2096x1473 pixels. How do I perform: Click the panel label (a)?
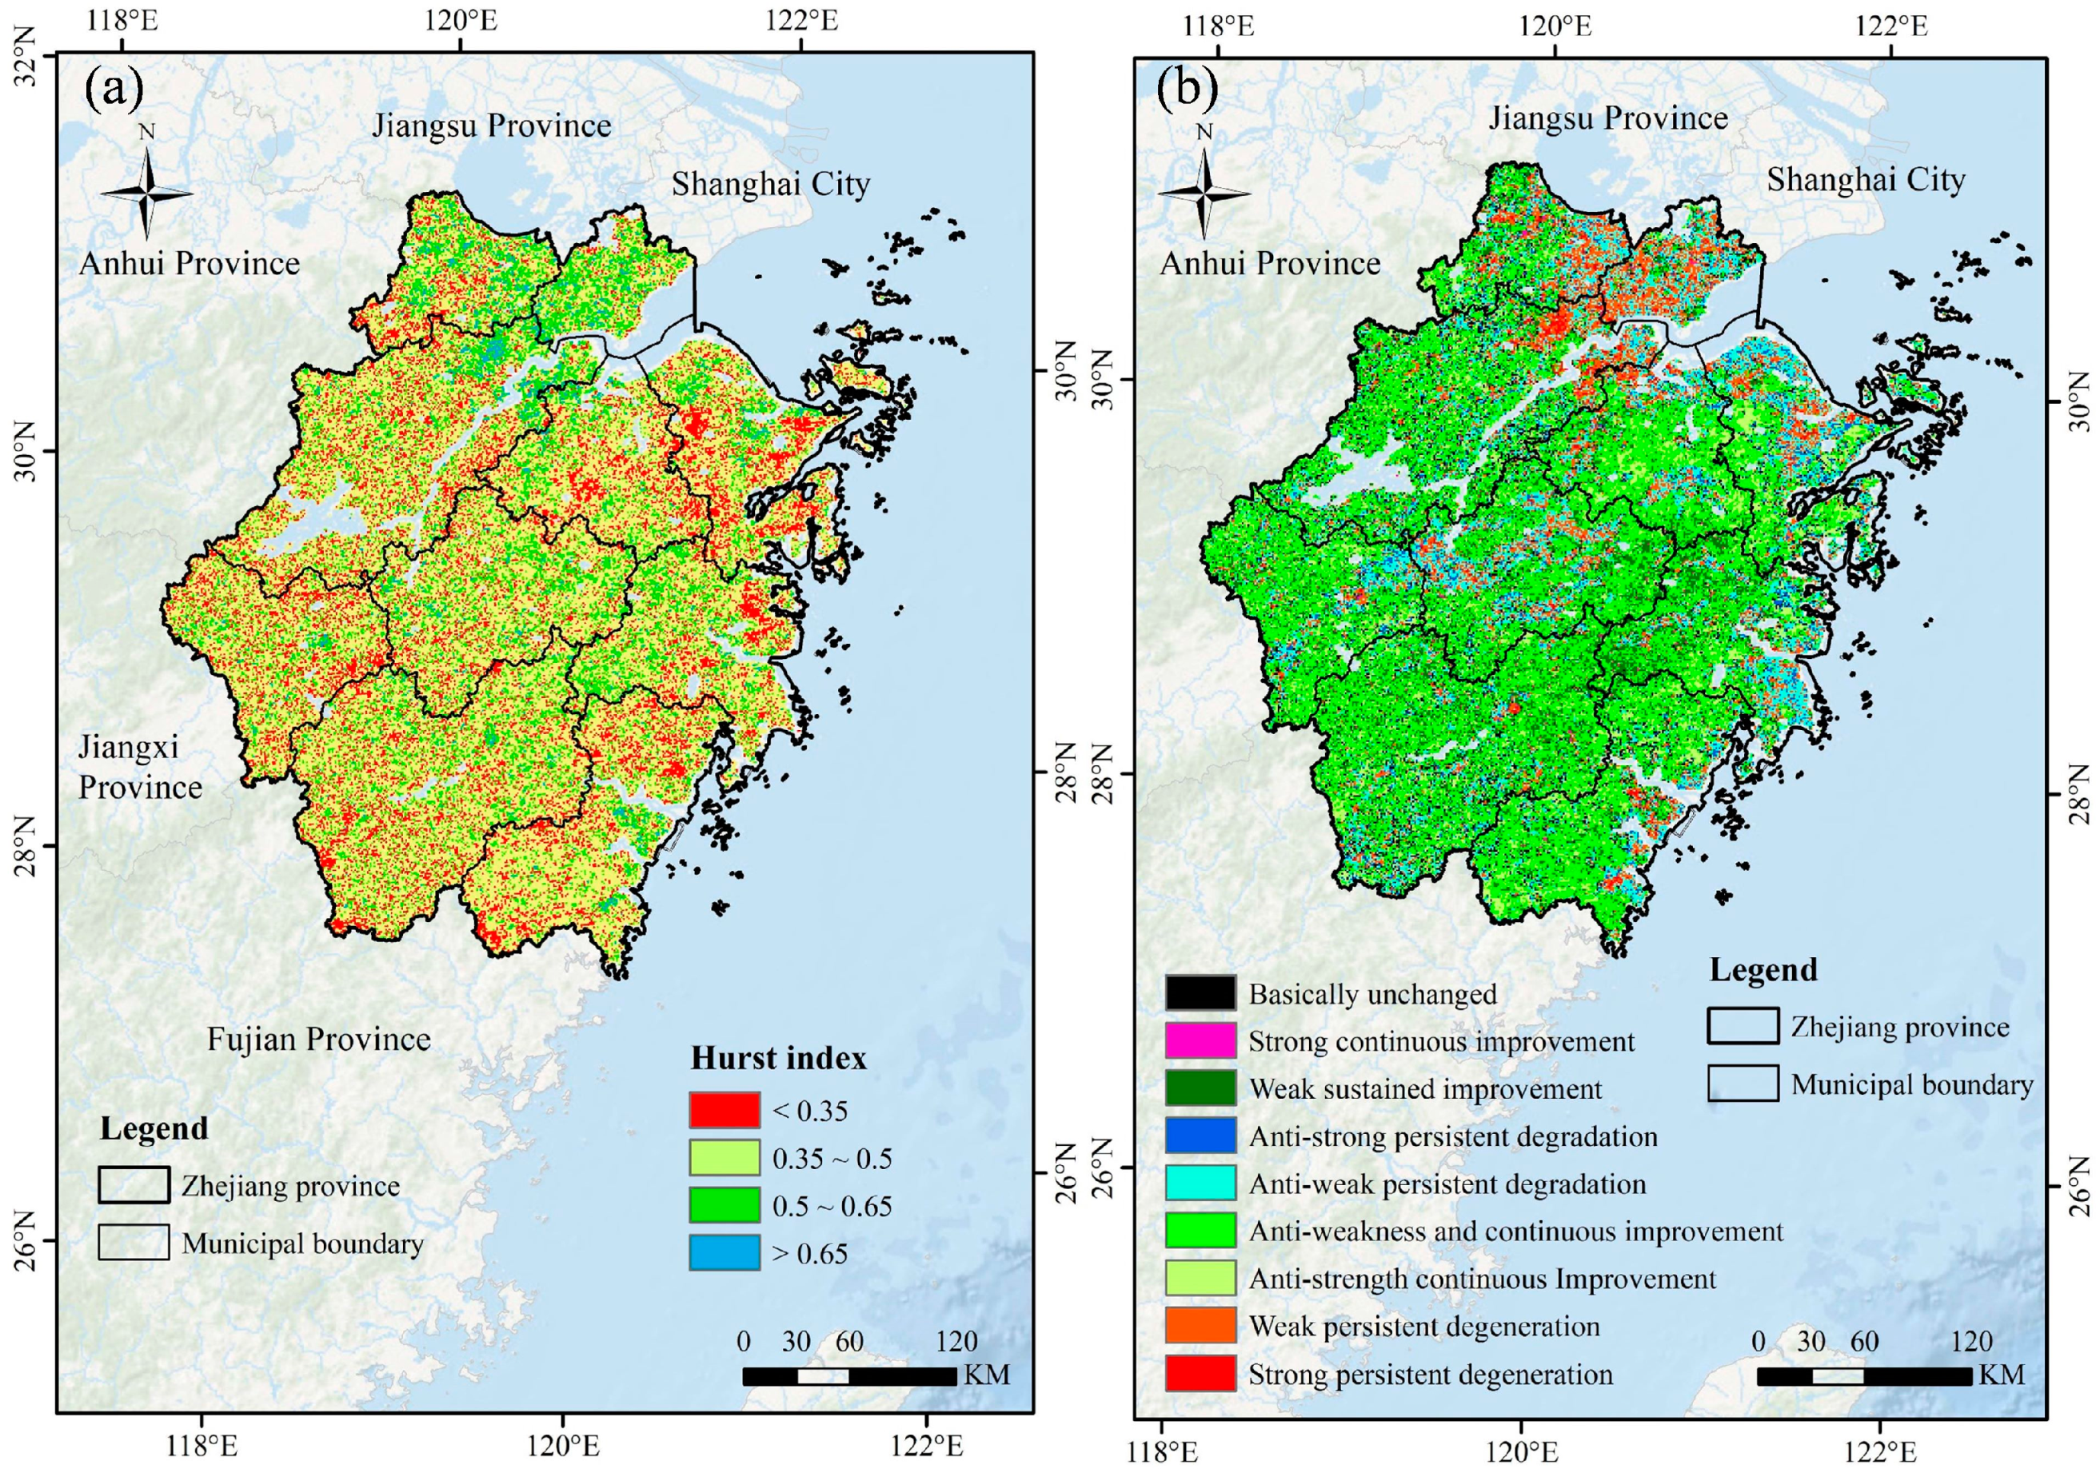click(114, 90)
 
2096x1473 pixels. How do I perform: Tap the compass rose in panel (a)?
click(146, 193)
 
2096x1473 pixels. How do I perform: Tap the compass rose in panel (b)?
click(1204, 193)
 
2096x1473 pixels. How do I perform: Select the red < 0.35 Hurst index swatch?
click(724, 1110)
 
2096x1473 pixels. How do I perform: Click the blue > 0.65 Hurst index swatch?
click(724, 1252)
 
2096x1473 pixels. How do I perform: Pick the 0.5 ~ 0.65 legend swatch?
click(724, 1204)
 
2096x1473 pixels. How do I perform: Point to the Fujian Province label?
click(318, 1039)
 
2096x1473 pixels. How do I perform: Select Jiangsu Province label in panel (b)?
click(1608, 118)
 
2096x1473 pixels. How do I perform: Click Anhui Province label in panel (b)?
click(1270, 264)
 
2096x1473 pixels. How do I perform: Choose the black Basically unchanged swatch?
click(1200, 993)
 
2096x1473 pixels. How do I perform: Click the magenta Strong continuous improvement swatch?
click(1200, 1040)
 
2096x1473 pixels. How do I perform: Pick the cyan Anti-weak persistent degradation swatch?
click(1200, 1183)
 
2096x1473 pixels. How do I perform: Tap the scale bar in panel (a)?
click(849, 1376)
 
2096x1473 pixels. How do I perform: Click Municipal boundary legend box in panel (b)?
click(1742, 1084)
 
